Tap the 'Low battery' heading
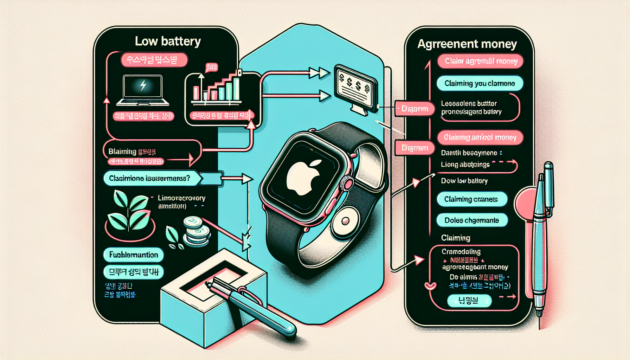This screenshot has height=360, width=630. pyautogui.click(x=168, y=41)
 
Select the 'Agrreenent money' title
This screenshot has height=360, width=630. pyautogui.click(x=467, y=44)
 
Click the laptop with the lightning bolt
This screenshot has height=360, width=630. pyautogui.click(x=142, y=90)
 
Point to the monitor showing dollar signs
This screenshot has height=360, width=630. pyautogui.click(x=355, y=86)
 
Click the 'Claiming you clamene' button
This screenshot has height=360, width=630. pyautogui.click(x=480, y=84)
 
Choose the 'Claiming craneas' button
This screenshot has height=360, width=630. pyautogui.click(x=471, y=199)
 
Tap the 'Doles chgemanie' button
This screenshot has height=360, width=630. pyautogui.click(x=472, y=220)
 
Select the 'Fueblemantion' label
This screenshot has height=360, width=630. pyautogui.click(x=134, y=255)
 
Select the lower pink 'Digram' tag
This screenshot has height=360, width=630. pyautogui.click(x=415, y=148)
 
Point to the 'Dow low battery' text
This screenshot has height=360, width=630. pyautogui.click(x=464, y=181)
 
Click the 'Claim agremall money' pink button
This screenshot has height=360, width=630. pyautogui.click(x=480, y=61)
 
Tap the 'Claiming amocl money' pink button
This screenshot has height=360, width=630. pyautogui.click(x=480, y=137)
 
